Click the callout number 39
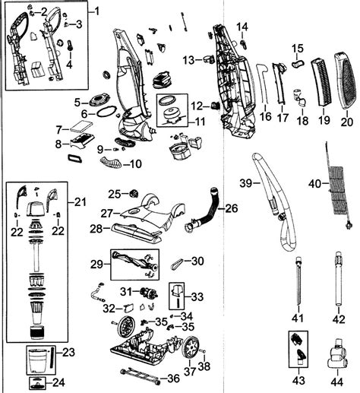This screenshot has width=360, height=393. [x=245, y=184]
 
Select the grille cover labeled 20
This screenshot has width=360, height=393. [x=344, y=83]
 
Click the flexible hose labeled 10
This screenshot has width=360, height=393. [x=113, y=161]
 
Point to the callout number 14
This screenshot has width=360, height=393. [x=243, y=27]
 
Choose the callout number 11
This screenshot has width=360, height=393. [x=198, y=122]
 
